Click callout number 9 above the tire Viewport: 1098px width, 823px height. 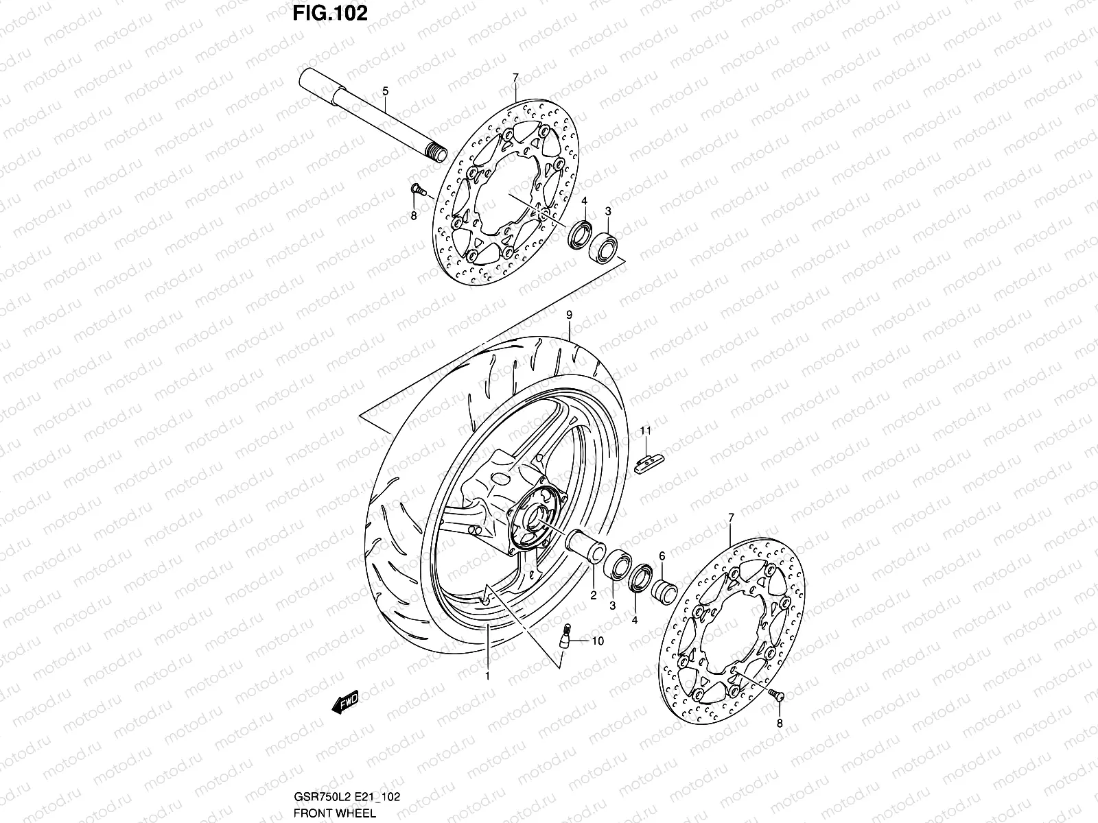click(x=569, y=315)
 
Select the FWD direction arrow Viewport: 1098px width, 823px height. click(x=345, y=701)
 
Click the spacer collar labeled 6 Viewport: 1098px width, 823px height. click(x=664, y=590)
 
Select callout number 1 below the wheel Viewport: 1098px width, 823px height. click(x=487, y=676)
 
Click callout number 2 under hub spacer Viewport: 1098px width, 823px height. click(x=593, y=595)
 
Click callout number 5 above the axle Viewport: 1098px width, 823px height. click(x=385, y=91)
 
